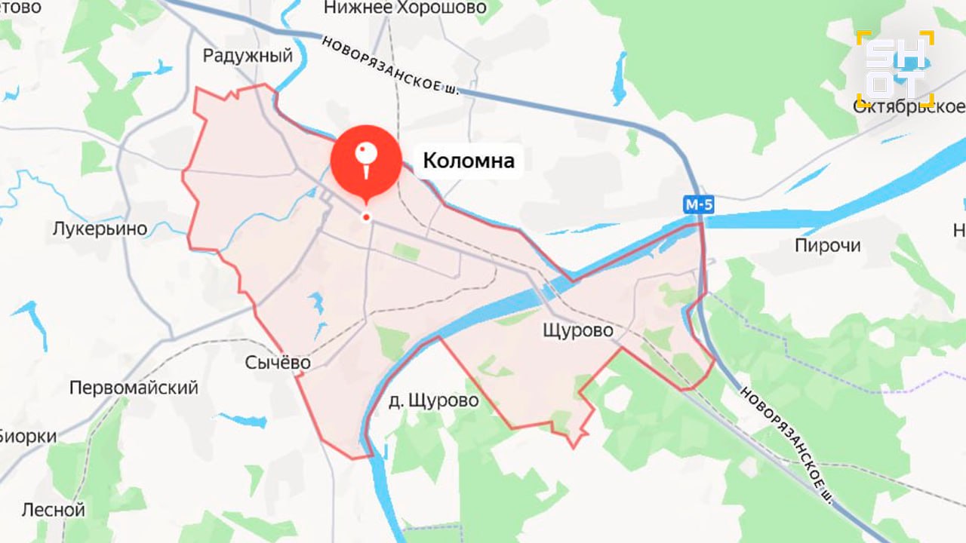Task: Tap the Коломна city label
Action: tap(469, 161)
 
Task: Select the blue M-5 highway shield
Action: tap(699, 204)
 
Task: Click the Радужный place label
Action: tap(248, 56)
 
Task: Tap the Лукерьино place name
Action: tap(100, 229)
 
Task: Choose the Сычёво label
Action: tap(278, 363)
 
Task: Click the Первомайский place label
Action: tap(134, 388)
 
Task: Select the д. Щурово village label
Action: tap(434, 400)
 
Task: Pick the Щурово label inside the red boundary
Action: tap(578, 330)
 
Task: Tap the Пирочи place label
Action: tap(828, 246)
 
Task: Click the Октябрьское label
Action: tap(909, 107)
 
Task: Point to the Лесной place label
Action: tap(53, 510)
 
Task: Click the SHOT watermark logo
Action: tap(895, 69)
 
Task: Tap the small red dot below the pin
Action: tap(366, 217)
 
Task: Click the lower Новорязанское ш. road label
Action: tap(788, 446)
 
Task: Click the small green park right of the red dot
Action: tap(406, 252)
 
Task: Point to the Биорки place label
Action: tap(29, 436)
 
